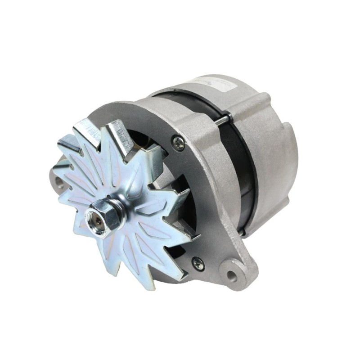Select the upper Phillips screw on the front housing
point(178,143)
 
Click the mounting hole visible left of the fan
point(57,183)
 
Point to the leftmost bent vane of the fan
point(63,148)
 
